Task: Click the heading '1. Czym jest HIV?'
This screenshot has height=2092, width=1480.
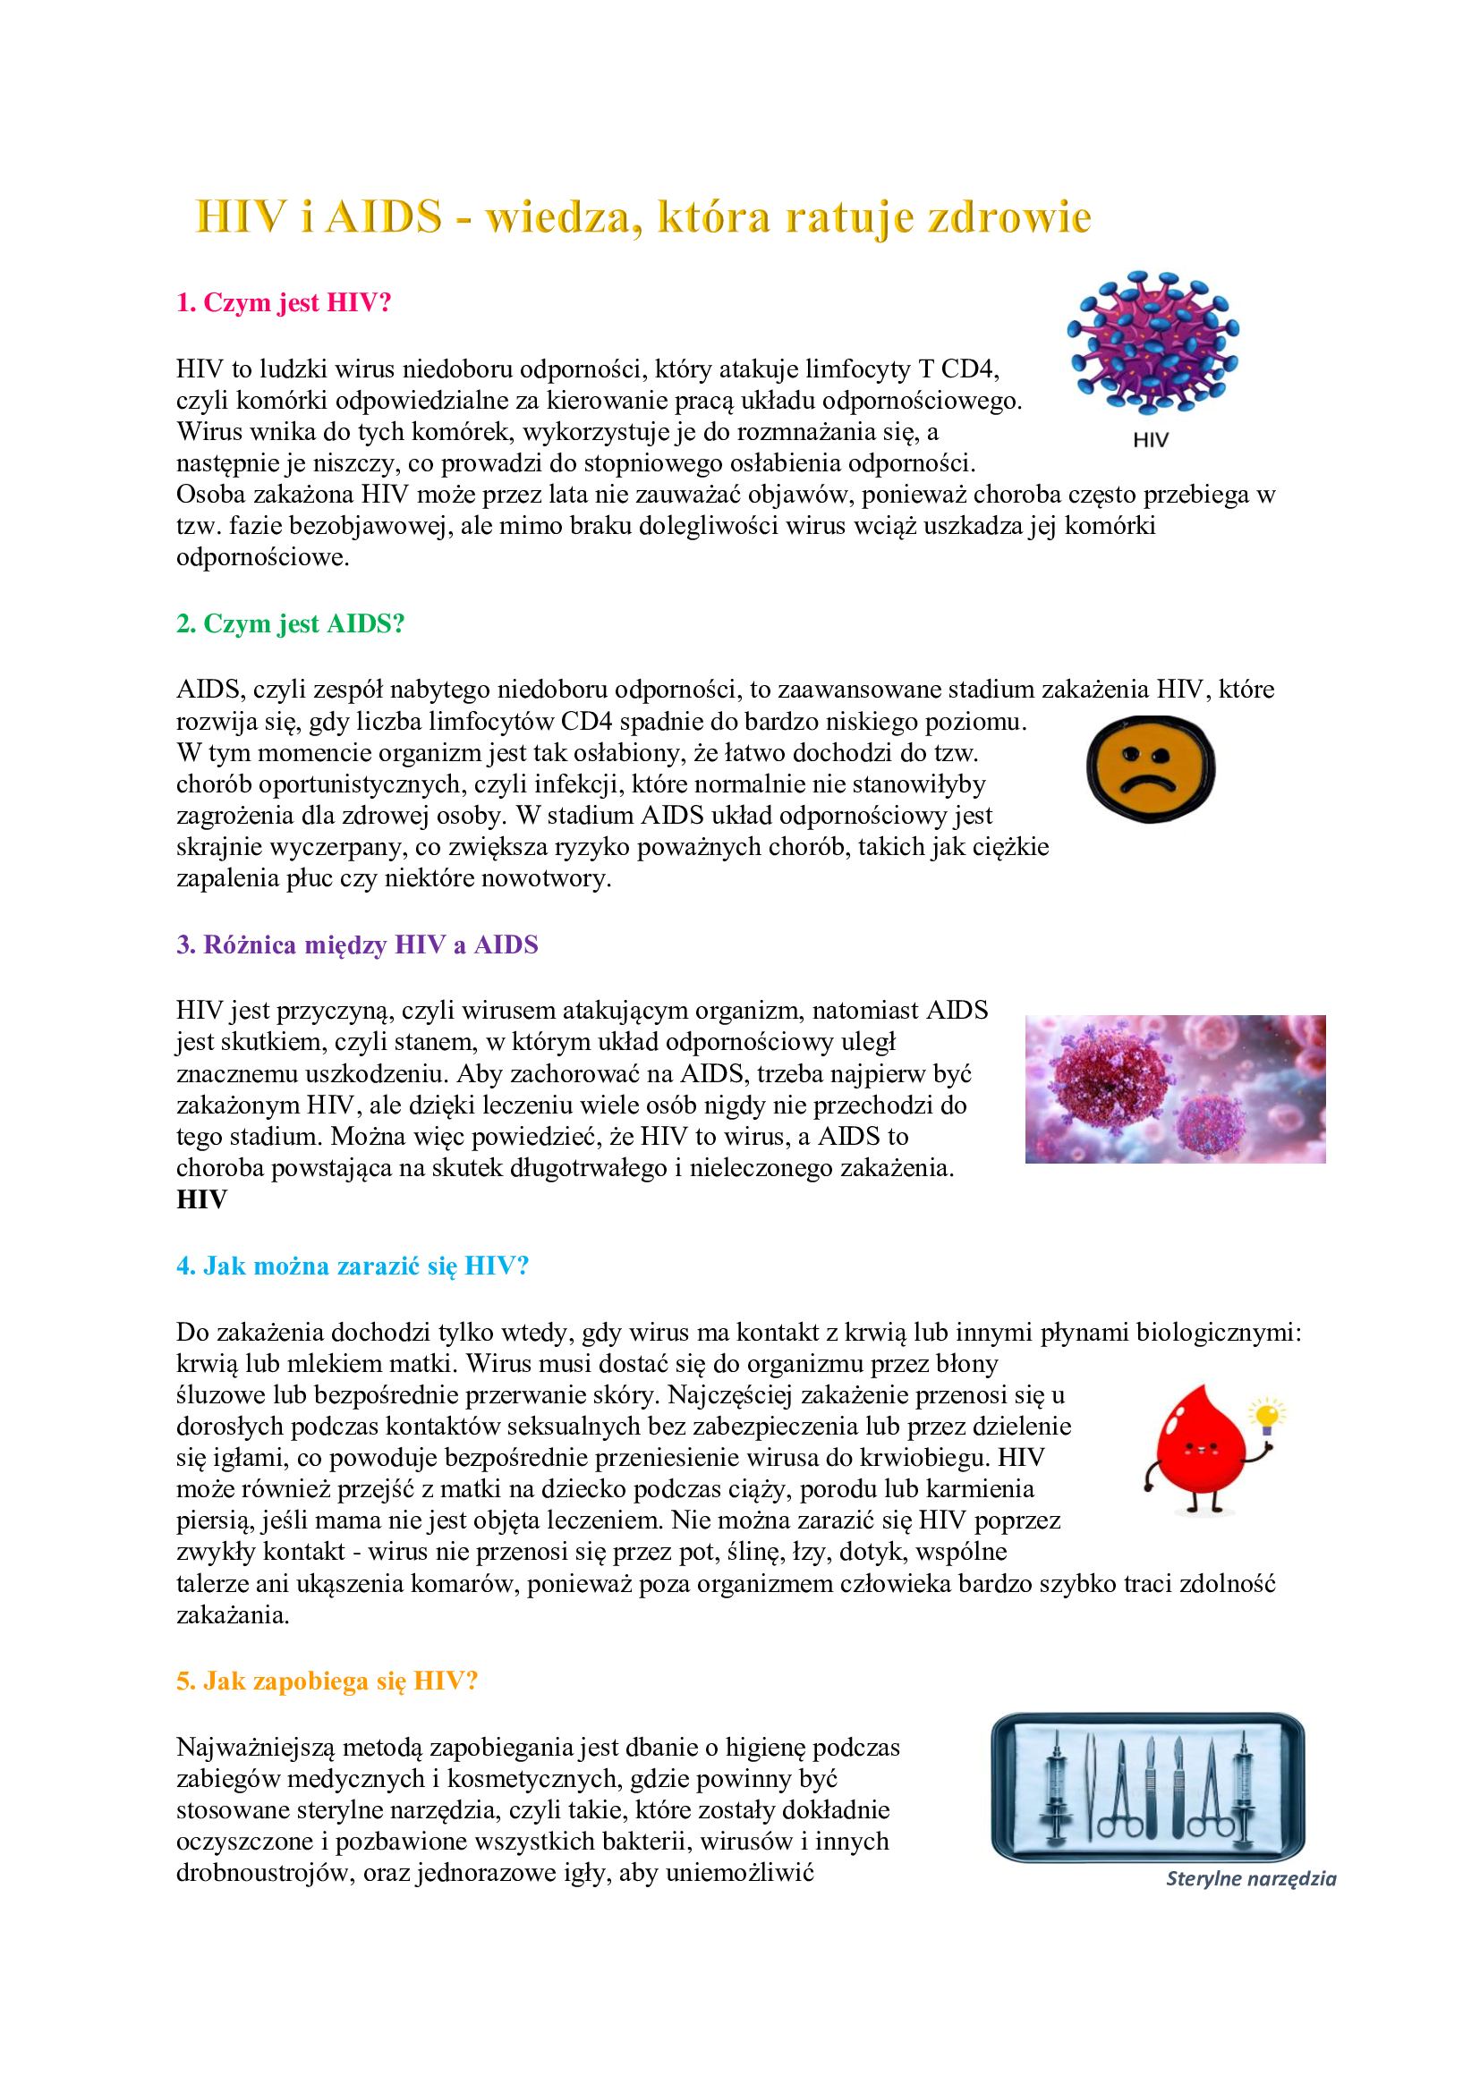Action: (x=283, y=303)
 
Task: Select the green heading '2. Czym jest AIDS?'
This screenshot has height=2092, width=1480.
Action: (x=290, y=624)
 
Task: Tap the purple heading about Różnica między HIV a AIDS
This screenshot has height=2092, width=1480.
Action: (x=357, y=944)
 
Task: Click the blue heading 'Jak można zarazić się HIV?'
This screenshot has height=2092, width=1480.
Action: (x=352, y=1266)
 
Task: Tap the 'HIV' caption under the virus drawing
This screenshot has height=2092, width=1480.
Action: (x=1150, y=440)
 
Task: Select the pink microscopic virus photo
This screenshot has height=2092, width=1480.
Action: (x=1175, y=1088)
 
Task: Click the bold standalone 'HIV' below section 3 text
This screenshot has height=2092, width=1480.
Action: (x=201, y=1200)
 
